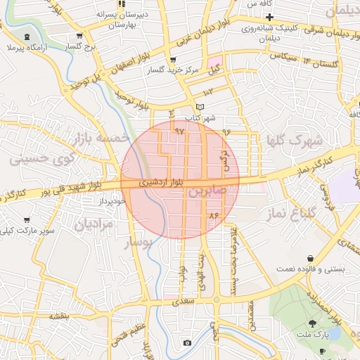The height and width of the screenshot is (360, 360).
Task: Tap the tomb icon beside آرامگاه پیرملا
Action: coord(27,37)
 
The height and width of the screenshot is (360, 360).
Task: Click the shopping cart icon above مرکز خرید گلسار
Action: coord(174,60)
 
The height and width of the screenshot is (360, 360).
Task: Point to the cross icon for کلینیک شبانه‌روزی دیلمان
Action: coord(268,17)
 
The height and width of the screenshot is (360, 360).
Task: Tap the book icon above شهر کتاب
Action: coord(200,107)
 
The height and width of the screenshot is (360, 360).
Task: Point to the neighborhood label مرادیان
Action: coord(94,224)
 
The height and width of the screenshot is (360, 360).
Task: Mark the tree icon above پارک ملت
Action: coord(312,323)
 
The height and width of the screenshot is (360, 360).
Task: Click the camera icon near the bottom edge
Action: coord(186,342)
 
